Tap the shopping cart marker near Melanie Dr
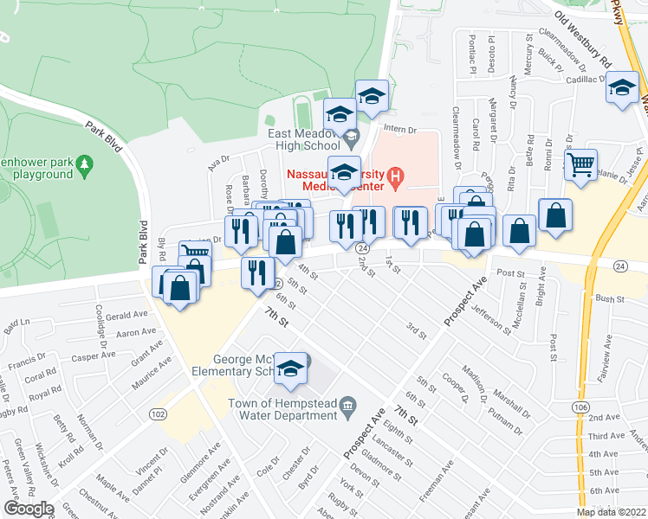tap(581, 163)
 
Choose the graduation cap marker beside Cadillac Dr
tap(622, 89)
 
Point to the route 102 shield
tap(158, 414)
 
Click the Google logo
tap(28, 509)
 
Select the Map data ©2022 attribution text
tap(611, 512)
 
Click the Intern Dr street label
tap(400, 129)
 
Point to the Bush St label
tap(610, 298)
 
